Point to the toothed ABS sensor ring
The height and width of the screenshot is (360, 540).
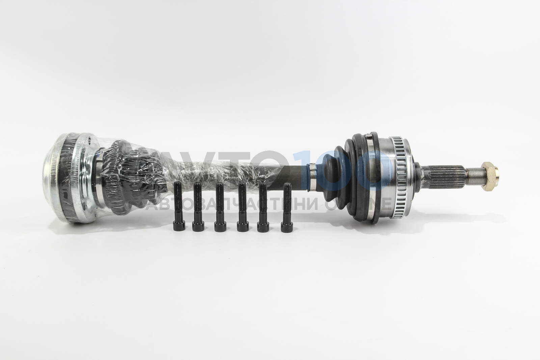click(x=398, y=177)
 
